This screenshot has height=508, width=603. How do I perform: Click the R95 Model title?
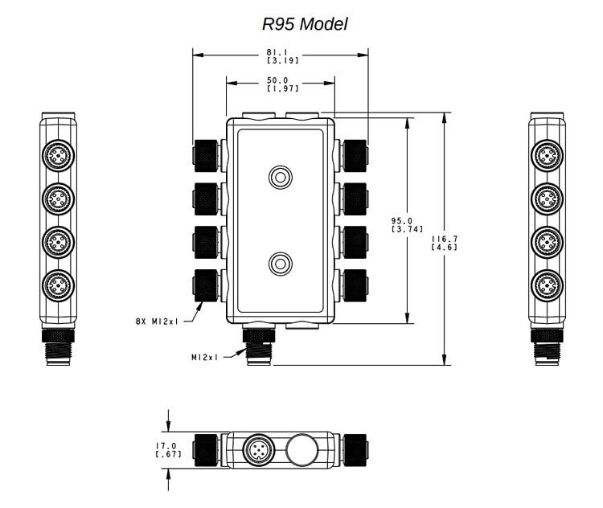305,24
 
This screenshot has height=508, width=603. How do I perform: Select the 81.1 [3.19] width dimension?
280,55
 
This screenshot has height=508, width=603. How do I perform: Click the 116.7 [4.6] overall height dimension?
444,243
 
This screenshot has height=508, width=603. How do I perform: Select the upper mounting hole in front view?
281,177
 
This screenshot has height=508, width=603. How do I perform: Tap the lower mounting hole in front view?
281,262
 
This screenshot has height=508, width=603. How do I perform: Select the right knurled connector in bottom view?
355,449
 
